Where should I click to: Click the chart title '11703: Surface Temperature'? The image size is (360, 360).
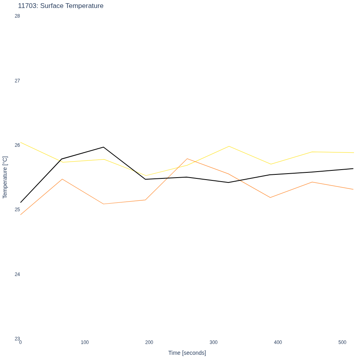click(x=61, y=6)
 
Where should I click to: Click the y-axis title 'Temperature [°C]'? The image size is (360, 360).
click(x=5, y=177)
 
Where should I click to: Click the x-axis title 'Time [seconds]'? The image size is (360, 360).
click(x=187, y=353)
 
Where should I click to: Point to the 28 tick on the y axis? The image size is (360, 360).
click(x=17, y=16)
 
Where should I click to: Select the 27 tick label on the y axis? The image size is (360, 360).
click(x=17, y=81)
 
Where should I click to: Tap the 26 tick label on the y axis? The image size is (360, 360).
click(x=17, y=145)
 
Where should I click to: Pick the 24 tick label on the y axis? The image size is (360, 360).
click(x=17, y=274)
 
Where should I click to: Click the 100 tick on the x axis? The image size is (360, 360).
click(x=85, y=342)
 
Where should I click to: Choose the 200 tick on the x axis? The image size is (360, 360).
click(x=149, y=342)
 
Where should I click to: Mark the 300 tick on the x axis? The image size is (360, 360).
click(x=214, y=342)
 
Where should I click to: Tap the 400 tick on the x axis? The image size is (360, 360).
click(x=278, y=342)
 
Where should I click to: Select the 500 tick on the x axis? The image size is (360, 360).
click(x=342, y=342)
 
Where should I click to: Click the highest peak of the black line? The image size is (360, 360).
click(x=104, y=147)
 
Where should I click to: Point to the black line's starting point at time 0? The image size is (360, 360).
click(x=21, y=202)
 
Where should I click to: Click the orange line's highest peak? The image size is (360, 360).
click(x=187, y=159)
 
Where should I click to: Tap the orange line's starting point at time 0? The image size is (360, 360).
click(x=21, y=215)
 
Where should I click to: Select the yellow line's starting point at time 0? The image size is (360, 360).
click(x=21, y=142)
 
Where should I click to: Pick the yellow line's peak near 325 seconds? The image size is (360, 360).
click(x=229, y=146)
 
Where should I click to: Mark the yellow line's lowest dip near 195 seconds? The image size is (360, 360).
click(x=146, y=176)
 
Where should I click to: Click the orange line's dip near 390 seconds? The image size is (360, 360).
click(x=270, y=198)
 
